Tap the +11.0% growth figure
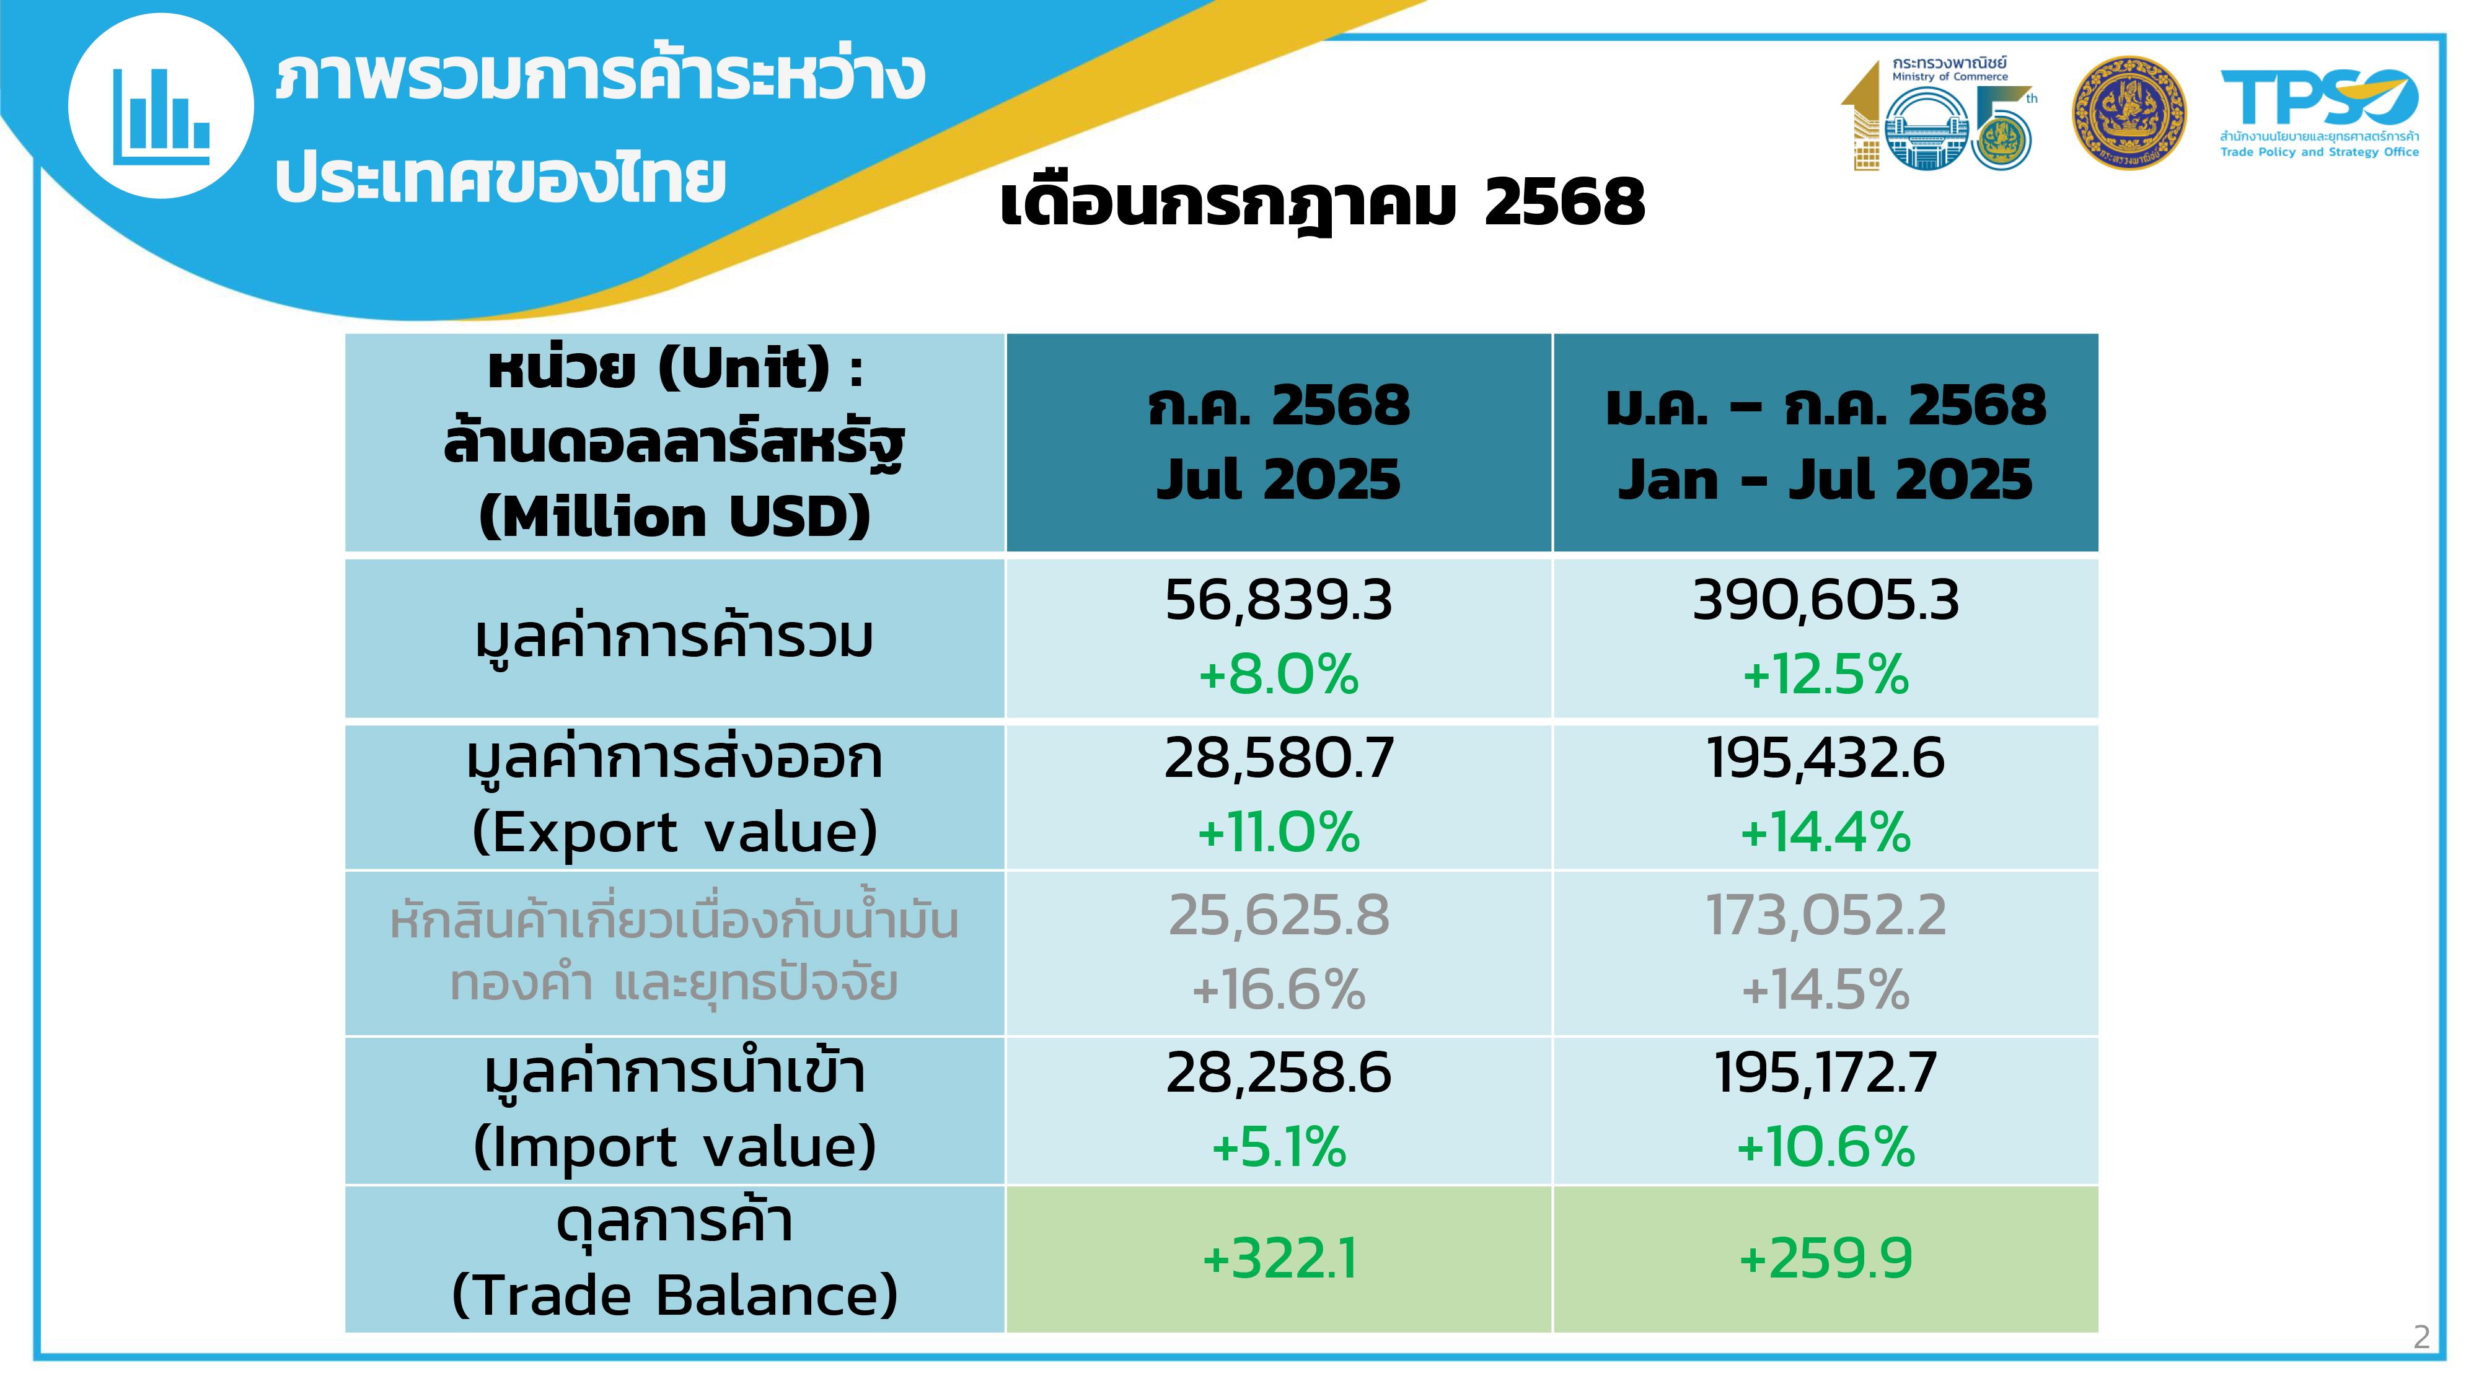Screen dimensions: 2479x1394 [x=1278, y=831]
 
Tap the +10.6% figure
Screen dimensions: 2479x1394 [x=1826, y=1147]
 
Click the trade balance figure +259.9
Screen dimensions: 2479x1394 [x=1826, y=1258]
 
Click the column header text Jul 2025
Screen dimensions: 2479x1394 [x=1278, y=478]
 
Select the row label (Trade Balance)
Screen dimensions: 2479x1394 [x=675, y=1295]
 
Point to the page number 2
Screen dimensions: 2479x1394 [x=2422, y=1336]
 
